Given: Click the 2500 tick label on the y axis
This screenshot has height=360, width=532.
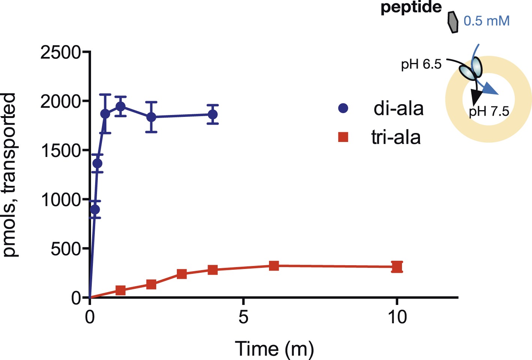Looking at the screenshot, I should coord(60,52).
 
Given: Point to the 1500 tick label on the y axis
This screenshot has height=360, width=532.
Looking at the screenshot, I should coord(60,151).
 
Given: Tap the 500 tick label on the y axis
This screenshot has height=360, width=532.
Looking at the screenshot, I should coord(66,249).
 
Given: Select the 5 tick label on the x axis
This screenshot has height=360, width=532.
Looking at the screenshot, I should coord(244,317).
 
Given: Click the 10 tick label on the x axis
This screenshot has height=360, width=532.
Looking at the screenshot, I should coord(397,317).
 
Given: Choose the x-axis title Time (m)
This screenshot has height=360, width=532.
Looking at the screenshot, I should coord(274,349).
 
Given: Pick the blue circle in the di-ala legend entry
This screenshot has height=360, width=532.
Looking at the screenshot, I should coord(343,109).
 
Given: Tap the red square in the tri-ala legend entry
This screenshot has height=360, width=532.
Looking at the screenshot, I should coord(343,137).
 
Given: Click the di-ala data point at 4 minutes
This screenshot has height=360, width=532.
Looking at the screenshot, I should coord(213,114).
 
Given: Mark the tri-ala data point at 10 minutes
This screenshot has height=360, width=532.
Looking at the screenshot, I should coord(397,267).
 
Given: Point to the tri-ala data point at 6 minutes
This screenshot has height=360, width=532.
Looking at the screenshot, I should coord(274,266).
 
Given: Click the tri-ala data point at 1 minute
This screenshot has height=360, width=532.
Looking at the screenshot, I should coord(120,290).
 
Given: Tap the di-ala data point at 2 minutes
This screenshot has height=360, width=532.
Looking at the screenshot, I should coord(151,117).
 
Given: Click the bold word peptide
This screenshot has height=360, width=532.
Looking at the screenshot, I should coord(411,7).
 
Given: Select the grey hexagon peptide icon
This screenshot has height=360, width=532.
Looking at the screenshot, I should coord(453,22).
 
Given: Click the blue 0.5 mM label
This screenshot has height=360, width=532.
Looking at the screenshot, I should coord(487,21).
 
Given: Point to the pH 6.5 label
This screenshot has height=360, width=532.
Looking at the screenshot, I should coord(421,65).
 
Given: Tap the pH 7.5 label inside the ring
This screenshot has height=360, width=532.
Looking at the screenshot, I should coord(489,112).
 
